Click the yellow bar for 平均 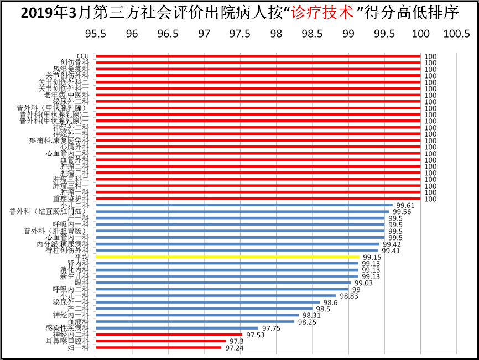coord(227,257)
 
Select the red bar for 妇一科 coord(158,347)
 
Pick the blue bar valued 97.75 coord(177,328)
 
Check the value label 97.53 coord(256,335)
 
